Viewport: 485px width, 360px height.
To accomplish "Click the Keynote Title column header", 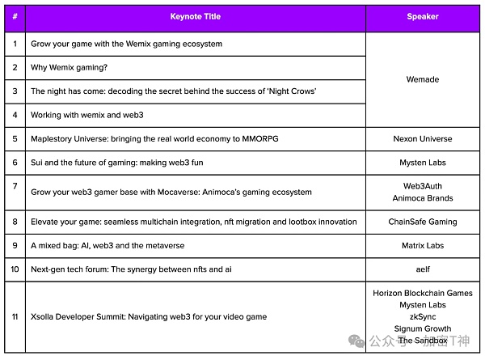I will (195, 16).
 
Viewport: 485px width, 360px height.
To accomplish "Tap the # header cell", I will (15, 16).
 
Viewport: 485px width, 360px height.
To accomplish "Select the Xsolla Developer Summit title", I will (149, 316).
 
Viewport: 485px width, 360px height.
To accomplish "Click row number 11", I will (15, 316).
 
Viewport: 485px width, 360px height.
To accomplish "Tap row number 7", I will (15, 186).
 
